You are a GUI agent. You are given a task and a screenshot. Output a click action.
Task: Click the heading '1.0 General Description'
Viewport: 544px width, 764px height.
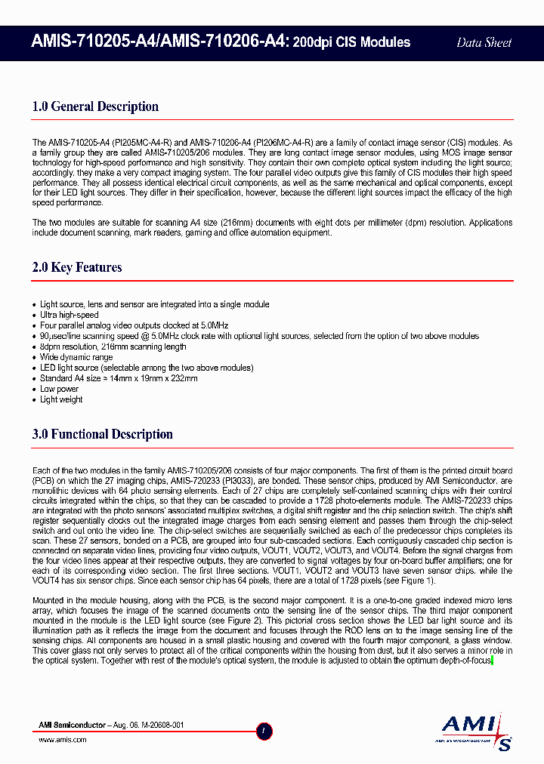click(x=95, y=106)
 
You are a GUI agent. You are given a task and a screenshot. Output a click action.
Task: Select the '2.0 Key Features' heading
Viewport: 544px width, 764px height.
click(x=77, y=267)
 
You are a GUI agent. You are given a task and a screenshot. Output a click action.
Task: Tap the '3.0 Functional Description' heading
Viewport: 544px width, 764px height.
click(x=103, y=434)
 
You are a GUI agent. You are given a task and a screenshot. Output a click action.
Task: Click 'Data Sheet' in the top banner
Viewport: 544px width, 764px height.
click(x=484, y=43)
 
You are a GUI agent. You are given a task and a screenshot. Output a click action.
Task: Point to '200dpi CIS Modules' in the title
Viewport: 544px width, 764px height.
click(x=351, y=42)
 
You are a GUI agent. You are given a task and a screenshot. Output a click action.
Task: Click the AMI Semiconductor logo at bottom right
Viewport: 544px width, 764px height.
click(x=477, y=729)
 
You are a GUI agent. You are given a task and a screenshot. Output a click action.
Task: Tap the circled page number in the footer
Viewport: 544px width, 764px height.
click(x=264, y=731)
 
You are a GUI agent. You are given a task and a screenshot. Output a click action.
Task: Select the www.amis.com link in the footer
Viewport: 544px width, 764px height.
click(x=63, y=740)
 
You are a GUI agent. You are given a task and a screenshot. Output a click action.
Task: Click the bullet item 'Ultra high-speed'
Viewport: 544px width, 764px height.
click(x=70, y=315)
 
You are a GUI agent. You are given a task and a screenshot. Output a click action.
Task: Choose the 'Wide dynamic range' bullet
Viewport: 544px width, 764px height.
click(x=76, y=357)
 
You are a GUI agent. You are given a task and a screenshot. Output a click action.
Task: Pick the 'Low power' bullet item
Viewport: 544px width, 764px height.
click(x=59, y=389)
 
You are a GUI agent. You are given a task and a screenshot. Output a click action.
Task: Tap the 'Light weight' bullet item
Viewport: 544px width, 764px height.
click(x=61, y=399)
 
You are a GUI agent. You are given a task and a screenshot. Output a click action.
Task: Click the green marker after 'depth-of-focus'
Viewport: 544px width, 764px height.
click(x=492, y=661)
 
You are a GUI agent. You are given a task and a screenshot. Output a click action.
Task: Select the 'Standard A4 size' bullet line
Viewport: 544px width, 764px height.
click(x=119, y=378)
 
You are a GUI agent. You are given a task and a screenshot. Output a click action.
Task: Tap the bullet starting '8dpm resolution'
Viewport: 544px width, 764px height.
click(x=113, y=347)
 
